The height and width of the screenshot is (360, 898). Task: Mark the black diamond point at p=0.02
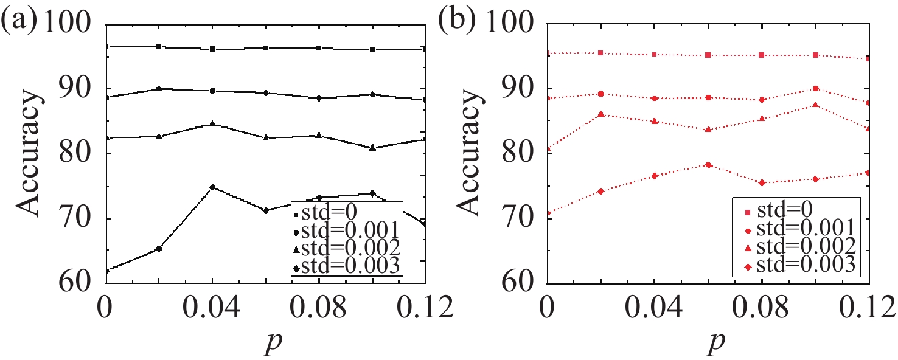tap(159, 249)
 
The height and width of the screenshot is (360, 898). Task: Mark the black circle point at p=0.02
tap(159, 89)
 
